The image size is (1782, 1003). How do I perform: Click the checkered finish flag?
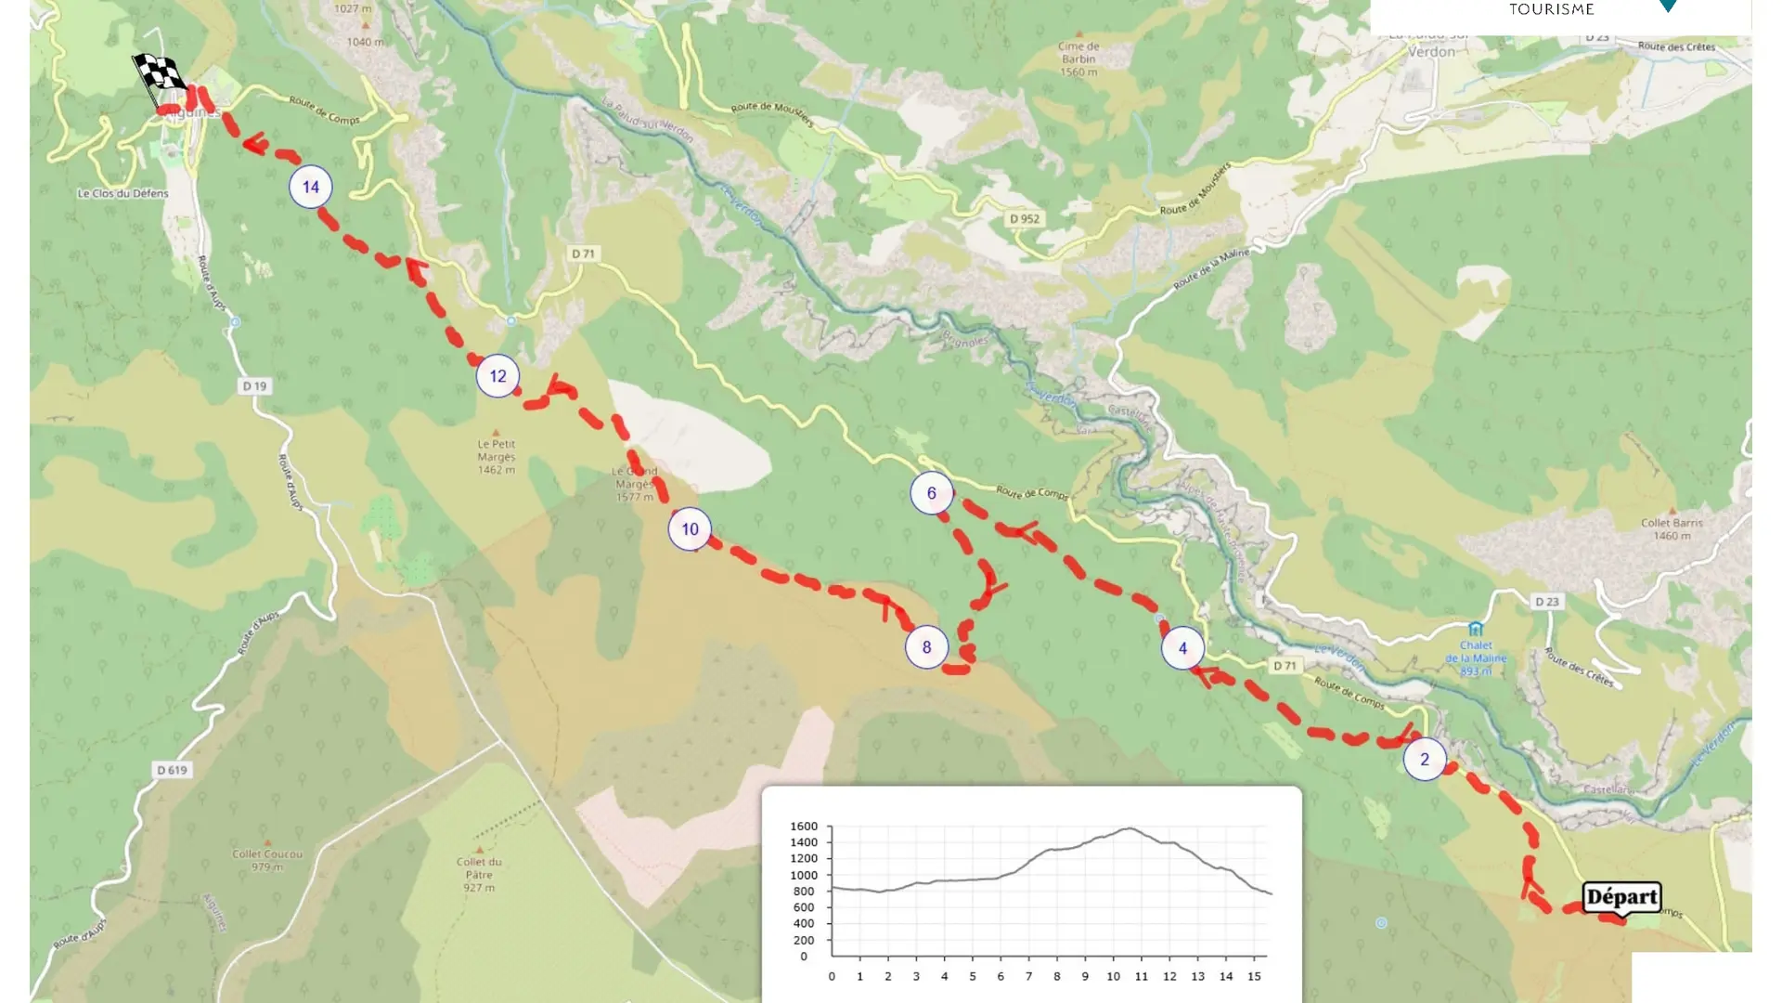tap(158, 74)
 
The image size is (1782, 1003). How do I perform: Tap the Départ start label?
tap(1621, 897)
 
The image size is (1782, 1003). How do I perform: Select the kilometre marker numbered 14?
tap(311, 187)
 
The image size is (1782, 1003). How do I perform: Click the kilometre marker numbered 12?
tap(497, 376)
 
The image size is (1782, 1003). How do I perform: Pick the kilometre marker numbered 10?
tap(690, 529)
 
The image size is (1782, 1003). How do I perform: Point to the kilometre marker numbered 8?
tap(926, 647)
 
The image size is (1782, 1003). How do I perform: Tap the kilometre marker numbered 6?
tap(931, 493)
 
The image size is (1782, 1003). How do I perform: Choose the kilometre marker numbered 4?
tap(1182, 648)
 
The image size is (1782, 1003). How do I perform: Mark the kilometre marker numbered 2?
tap(1425, 759)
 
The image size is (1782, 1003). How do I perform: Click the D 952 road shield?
tap(1025, 219)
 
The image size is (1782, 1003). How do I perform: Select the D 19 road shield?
tap(254, 386)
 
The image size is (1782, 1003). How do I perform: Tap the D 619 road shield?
tap(172, 770)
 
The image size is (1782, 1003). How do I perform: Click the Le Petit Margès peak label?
tap(497, 456)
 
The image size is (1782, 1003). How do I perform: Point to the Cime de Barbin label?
tap(1078, 59)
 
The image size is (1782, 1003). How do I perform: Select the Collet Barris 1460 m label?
tap(1672, 528)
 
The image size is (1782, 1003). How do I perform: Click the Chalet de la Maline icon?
tap(1475, 629)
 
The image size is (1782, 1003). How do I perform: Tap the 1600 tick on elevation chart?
tap(804, 827)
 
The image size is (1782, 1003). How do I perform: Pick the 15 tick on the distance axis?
tap(1254, 976)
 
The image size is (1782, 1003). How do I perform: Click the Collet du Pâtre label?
tap(479, 874)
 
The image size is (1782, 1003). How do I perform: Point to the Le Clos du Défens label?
tap(123, 194)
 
